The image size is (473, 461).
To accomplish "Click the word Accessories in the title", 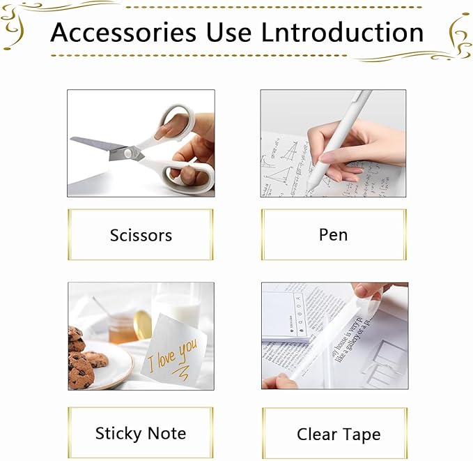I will pos(123,33).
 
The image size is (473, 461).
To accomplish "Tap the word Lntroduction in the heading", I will pos(342,33).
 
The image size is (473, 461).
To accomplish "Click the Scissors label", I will pos(140,235).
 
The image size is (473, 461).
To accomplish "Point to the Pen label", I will pos(333,235).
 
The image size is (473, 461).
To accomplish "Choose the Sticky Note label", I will pos(140,433).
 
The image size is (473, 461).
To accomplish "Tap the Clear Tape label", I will pos(339,434).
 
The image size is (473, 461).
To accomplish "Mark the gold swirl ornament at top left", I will pos(14,24).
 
